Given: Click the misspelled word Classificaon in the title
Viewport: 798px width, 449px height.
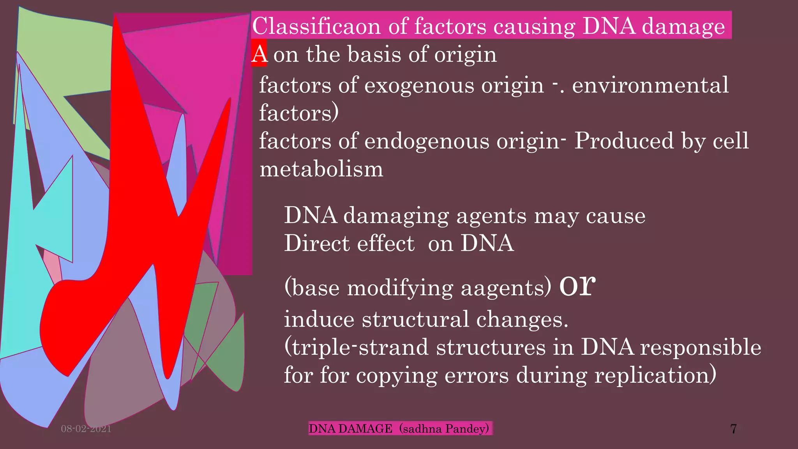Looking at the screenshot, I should pos(316,27).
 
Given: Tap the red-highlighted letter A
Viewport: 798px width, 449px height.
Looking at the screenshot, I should pos(259,54).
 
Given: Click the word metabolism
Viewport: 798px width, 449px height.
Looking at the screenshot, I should pos(321,169).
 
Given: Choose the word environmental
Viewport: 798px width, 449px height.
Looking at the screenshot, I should pos(650,85).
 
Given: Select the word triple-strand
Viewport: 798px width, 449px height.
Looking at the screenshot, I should pos(360,347).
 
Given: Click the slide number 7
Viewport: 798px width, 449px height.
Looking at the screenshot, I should pos(733,429).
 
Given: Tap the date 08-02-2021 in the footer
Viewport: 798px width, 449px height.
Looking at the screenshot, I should pos(86,429).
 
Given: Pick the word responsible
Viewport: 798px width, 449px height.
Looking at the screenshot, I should pos(701,347).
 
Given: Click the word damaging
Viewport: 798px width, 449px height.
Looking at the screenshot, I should pos(396,216).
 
